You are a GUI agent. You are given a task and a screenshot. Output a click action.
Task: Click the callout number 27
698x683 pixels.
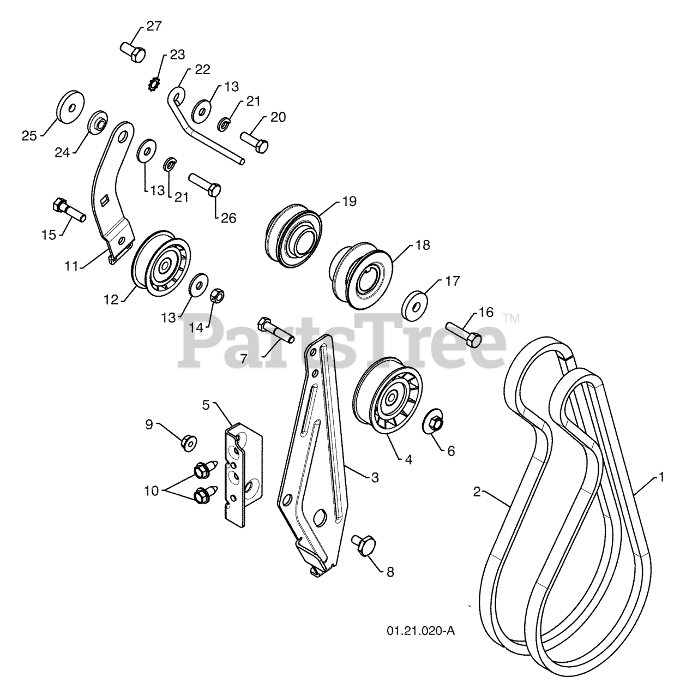[154, 26]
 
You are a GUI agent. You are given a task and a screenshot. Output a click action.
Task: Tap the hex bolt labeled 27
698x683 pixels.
[133, 52]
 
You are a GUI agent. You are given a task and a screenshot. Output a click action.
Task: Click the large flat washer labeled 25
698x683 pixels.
[71, 106]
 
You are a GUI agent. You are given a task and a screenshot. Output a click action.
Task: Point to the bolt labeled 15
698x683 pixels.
[69, 210]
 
